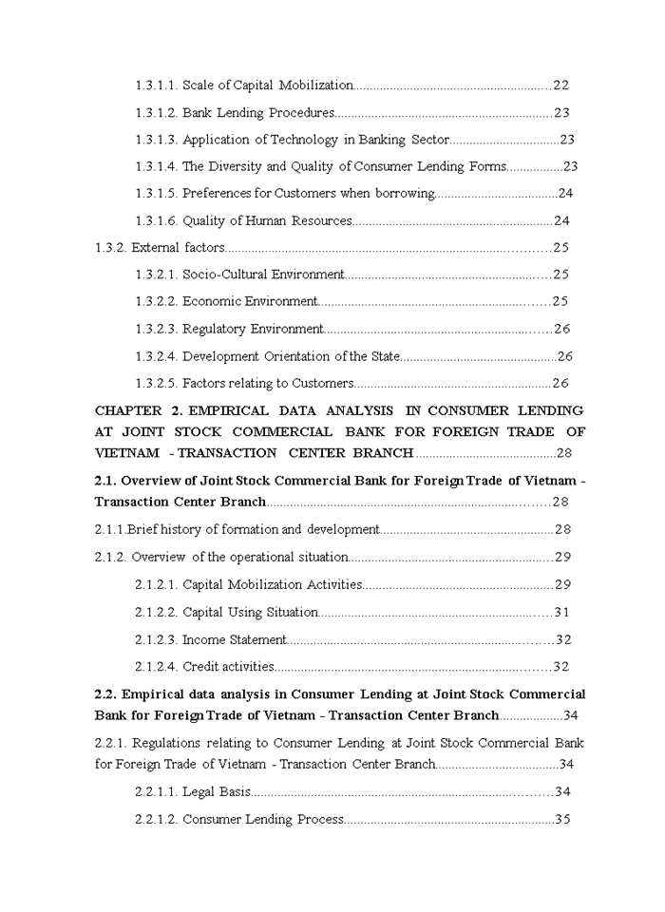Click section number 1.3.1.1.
point(156,85)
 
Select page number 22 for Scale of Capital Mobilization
point(560,85)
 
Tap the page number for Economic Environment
point(560,301)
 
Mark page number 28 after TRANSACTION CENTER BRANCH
point(564,453)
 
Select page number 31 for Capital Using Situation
point(561,612)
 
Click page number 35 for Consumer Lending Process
point(561,819)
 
